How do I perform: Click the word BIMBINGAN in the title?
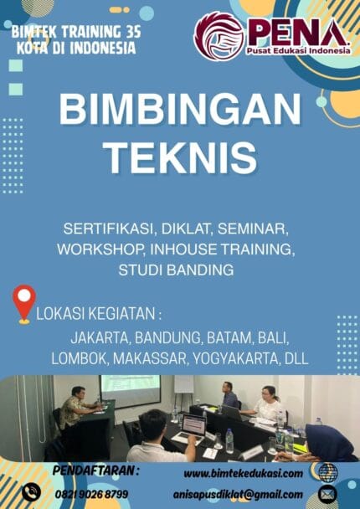(180, 111)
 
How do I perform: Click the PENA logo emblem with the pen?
(219, 35)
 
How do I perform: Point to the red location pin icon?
(24, 303)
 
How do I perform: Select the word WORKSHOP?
(98, 249)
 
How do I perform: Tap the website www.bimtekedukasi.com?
(242, 473)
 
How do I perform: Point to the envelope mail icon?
(327, 493)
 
